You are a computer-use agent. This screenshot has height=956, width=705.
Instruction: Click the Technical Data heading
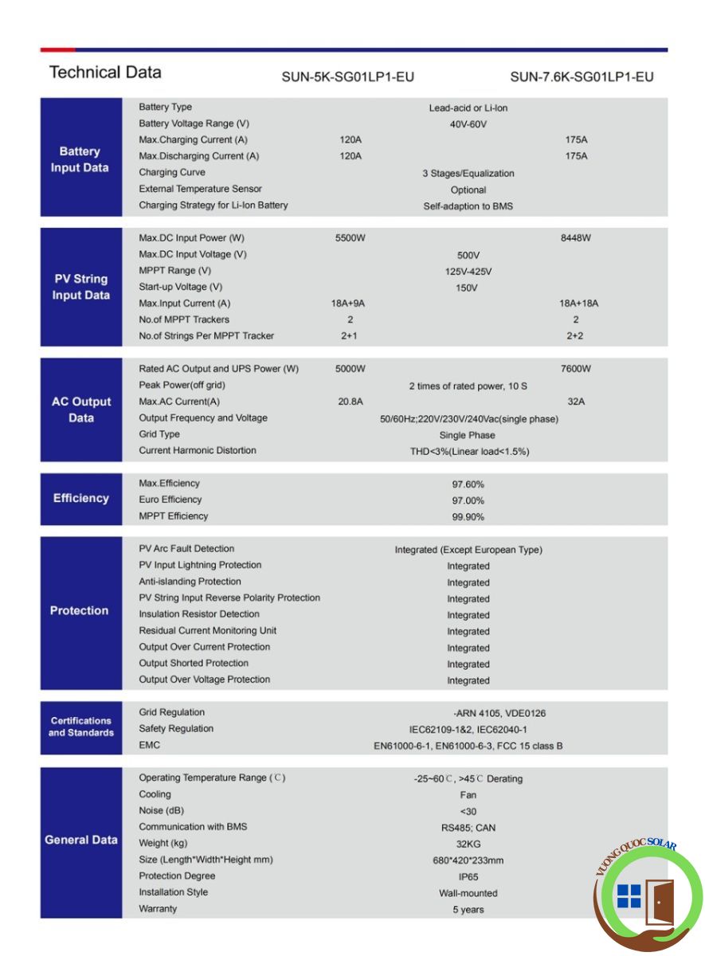point(105,72)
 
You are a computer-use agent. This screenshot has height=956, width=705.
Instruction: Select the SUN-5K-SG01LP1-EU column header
point(348,77)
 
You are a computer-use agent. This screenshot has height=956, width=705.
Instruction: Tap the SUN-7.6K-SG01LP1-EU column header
point(582,77)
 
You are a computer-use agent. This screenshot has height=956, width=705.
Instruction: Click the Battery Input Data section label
point(80,159)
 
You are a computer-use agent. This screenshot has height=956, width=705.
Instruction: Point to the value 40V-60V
point(468,124)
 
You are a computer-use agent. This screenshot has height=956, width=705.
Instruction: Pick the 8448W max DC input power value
point(576,238)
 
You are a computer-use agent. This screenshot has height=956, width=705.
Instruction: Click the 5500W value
point(351,238)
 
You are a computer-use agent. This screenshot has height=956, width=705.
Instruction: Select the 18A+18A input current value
point(578,304)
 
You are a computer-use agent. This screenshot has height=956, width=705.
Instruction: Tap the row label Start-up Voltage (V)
point(180,287)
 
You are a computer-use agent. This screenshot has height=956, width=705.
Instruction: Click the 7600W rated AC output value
point(576,369)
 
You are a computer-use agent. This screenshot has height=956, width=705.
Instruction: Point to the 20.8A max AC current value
point(351,402)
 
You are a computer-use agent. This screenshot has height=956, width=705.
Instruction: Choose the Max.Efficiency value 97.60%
point(468,484)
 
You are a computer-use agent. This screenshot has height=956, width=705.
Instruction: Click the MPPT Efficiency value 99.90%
point(468,517)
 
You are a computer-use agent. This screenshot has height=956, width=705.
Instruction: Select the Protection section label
point(80,611)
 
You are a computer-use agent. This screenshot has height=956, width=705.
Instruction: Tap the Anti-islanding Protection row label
point(190,582)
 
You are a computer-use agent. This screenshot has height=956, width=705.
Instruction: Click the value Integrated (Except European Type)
point(468,550)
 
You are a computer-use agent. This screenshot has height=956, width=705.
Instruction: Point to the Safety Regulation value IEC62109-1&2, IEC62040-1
point(468,730)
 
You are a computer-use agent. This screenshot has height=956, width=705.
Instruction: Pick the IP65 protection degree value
point(468,877)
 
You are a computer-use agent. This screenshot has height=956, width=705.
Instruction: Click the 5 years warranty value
point(468,910)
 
